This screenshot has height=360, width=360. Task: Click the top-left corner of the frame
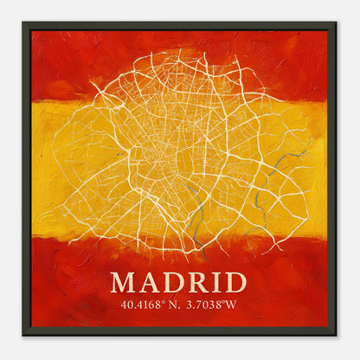[x=23, y=23]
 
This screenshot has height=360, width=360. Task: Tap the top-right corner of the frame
[x=336, y=23]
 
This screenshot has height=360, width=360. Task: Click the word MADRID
[x=178, y=282]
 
